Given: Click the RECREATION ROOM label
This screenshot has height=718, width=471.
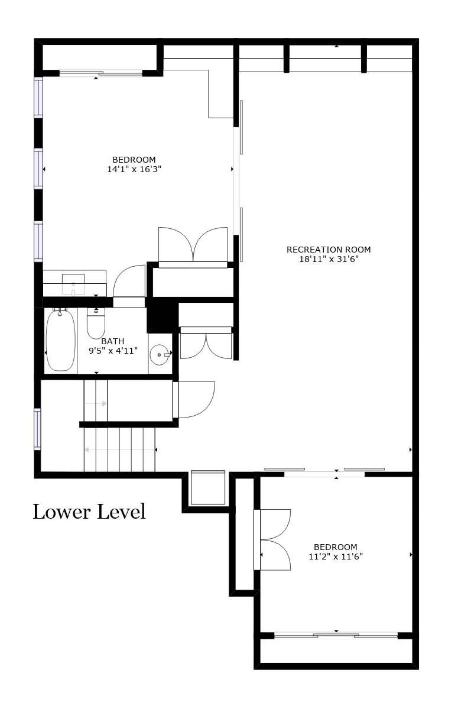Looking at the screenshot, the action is [x=329, y=250].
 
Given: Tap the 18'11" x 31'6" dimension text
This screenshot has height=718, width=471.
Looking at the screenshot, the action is [x=329, y=259].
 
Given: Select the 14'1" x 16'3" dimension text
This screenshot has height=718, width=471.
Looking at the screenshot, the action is [x=134, y=169].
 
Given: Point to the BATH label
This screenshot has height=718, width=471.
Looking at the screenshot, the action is [x=112, y=341].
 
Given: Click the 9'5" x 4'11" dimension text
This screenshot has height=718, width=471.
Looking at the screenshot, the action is [x=113, y=351].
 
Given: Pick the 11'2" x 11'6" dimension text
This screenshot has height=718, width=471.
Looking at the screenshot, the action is [x=336, y=556].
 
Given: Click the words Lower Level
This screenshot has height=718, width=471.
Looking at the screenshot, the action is [x=89, y=512].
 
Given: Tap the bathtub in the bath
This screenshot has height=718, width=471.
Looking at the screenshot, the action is [x=61, y=341].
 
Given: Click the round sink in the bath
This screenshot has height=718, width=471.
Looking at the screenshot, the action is [x=160, y=354].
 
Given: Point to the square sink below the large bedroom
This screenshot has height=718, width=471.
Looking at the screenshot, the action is [x=73, y=284].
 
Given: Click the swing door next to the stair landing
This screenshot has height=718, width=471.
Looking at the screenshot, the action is [x=194, y=400].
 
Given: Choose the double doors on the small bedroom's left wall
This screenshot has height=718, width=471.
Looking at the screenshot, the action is [x=272, y=540].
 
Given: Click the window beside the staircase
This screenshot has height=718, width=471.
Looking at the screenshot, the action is [x=38, y=429].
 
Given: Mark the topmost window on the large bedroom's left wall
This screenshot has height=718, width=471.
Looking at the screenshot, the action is [x=38, y=97].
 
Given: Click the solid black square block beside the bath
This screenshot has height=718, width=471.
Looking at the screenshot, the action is [x=163, y=315].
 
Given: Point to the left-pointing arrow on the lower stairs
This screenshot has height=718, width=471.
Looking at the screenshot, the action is [x=121, y=449].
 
